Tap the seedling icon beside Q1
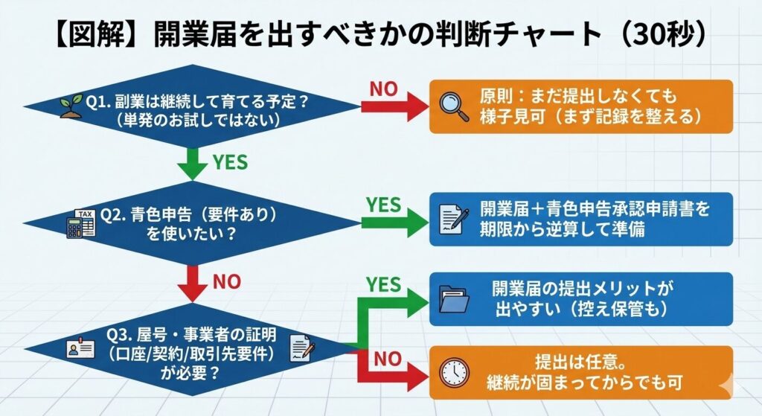coord(70,106)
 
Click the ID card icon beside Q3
coord(78,349)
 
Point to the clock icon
coord(452,372)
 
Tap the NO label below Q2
coord(228,282)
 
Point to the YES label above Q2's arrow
coord(384,205)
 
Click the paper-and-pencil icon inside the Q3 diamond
coord(301,347)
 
